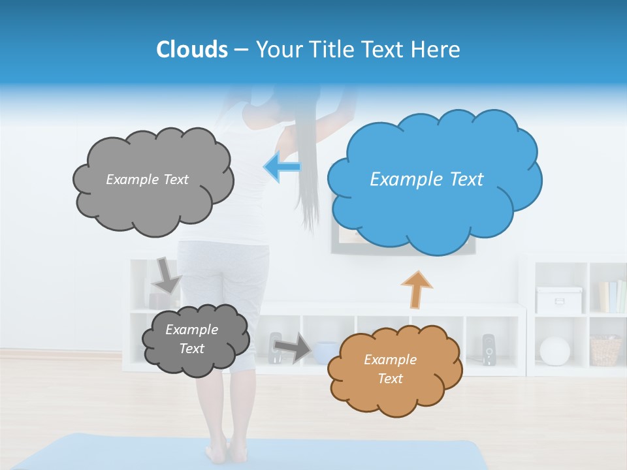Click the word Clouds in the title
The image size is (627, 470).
[191, 50]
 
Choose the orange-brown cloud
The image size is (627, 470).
[394, 369]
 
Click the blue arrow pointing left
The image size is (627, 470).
[282, 167]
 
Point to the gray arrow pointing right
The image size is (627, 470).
[292, 347]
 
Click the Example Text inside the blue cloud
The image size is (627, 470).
[426, 180]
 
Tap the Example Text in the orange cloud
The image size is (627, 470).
[390, 369]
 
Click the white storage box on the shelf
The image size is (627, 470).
[558, 300]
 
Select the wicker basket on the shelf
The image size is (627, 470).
[605, 351]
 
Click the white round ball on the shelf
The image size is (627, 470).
[555, 351]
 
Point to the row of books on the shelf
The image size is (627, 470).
[612, 296]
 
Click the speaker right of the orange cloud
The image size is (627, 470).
[489, 350]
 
